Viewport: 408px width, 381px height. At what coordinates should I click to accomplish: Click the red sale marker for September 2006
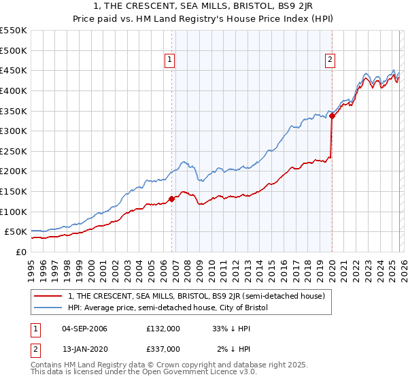[x=171, y=199]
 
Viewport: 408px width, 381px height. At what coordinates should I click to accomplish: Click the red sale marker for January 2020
[x=332, y=116]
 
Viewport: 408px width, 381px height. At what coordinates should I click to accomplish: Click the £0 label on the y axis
[x=21, y=252]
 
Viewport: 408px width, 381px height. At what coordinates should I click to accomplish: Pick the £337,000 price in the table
[x=163, y=349]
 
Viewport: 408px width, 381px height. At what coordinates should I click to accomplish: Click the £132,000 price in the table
[x=163, y=329]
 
